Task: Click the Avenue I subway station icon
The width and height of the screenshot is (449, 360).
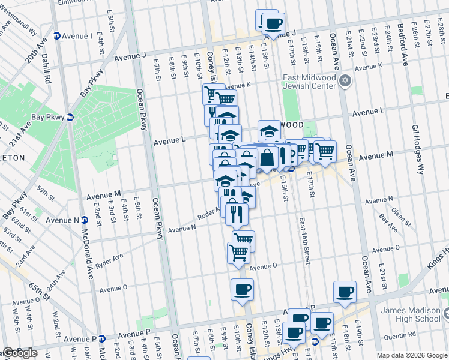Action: point(57,36)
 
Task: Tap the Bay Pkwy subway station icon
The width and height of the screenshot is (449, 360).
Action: point(70,117)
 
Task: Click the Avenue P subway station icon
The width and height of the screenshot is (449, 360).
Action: point(101,338)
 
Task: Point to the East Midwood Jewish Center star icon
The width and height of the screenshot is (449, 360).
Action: point(345,80)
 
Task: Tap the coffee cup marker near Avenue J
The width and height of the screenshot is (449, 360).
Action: point(274,24)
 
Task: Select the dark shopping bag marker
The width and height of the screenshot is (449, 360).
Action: point(268,158)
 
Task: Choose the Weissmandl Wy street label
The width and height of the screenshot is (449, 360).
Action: point(18,25)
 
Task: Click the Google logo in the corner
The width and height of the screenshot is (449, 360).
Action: point(20,353)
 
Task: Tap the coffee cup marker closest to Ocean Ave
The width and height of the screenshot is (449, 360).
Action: point(345,292)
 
